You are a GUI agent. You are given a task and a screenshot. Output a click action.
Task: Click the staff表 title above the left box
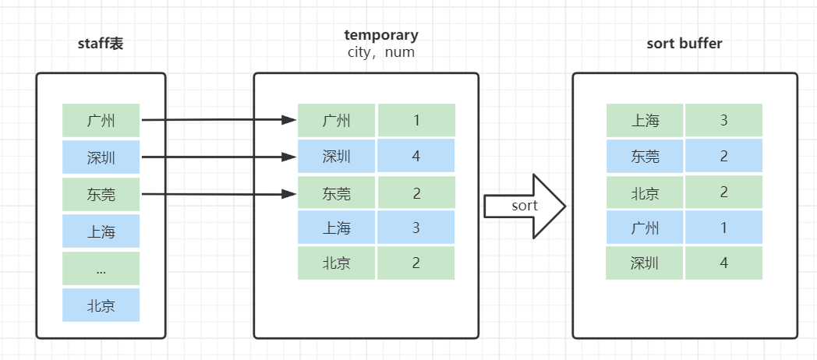tap(101, 44)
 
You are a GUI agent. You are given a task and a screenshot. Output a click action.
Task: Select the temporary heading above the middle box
tap(380, 35)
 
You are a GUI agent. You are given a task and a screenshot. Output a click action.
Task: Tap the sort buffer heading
tap(684, 44)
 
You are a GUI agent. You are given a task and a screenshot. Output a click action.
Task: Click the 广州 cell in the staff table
tap(101, 121)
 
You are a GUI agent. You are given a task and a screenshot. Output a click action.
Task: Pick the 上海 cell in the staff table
tap(101, 231)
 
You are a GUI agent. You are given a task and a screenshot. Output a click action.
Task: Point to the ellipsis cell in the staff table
tap(101, 268)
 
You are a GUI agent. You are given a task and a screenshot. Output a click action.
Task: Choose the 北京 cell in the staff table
tap(101, 305)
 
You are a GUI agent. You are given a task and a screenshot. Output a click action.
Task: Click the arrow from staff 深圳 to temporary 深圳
tap(218, 157)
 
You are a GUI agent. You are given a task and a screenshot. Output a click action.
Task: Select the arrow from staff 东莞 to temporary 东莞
tap(218, 193)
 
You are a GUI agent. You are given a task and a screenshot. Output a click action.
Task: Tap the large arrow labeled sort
tap(523, 206)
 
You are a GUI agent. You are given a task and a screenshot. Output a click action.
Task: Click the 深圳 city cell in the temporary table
tap(337, 157)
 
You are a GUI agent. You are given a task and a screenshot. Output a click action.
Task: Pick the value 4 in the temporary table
tap(416, 157)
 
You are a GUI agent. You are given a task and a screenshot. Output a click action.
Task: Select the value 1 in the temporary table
tap(416, 121)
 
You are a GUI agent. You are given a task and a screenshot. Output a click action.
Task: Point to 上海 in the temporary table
tap(337, 228)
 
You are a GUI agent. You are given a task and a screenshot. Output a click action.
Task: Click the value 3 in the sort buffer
tap(723, 121)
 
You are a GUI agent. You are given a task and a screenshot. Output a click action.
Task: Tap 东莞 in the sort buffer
tap(645, 157)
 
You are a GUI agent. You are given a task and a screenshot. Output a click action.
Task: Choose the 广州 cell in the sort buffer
tap(645, 228)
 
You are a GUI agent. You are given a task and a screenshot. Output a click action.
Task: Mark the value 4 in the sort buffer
tap(723, 263)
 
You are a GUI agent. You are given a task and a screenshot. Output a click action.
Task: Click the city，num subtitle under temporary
tap(380, 53)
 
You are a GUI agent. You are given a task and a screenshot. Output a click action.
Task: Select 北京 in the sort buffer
tap(645, 192)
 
